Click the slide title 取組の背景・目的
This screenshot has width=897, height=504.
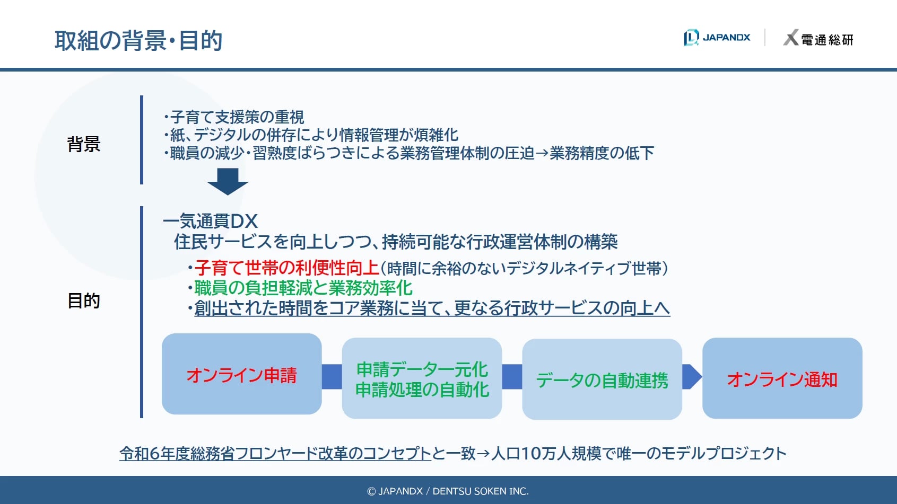[138, 40]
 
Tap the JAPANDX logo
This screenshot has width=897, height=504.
[717, 38]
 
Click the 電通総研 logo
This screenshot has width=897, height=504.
[818, 38]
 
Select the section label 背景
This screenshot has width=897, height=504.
[84, 144]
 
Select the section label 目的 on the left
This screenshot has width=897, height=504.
[84, 300]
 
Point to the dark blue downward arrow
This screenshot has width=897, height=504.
[228, 182]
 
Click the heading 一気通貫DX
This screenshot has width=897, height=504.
[210, 221]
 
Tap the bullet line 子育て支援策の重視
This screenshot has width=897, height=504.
[234, 117]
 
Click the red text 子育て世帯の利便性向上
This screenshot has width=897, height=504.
[287, 268]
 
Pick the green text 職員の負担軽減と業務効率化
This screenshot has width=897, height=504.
[303, 288]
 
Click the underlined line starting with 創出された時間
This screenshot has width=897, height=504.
[432, 308]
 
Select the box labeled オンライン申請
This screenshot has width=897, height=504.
[241, 374]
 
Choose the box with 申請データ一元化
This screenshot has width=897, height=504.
[422, 378]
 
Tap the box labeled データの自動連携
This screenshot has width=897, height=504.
[602, 379]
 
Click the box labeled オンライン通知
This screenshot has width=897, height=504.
[782, 378]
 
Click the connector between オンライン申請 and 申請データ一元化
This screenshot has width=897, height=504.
[332, 377]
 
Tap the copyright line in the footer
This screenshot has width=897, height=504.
[448, 491]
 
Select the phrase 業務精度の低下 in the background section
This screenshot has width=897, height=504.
[602, 153]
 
